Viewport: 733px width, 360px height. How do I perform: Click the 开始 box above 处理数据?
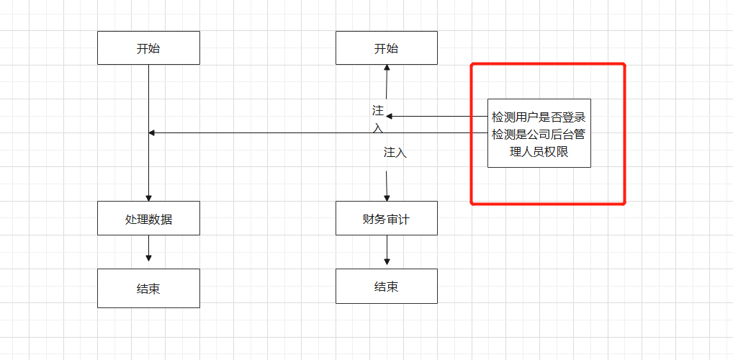[148, 48]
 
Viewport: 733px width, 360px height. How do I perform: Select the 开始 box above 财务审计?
[386, 48]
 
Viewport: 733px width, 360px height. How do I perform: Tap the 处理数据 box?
[148, 218]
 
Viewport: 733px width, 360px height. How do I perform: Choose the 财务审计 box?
[386, 218]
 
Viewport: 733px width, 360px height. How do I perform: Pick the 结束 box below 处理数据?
[148, 288]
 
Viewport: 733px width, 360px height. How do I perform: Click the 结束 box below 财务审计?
[386, 286]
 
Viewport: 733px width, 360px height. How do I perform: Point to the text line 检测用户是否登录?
[539, 117]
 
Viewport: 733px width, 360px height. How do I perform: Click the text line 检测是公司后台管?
[539, 134]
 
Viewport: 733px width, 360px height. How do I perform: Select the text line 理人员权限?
[539, 151]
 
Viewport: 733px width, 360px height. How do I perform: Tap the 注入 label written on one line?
[395, 153]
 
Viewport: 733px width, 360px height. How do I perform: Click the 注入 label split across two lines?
[378, 119]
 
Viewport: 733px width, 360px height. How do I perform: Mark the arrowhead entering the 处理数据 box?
[148, 198]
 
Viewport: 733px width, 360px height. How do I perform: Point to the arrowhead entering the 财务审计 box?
[387, 198]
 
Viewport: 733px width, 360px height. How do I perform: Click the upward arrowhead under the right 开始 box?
[387, 68]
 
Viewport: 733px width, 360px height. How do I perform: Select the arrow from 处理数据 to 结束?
[148, 248]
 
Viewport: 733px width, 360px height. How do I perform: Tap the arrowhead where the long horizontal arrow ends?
[151, 132]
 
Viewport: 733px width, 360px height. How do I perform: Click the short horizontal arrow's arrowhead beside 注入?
[390, 116]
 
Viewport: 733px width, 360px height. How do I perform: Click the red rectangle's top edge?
[547, 64]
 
